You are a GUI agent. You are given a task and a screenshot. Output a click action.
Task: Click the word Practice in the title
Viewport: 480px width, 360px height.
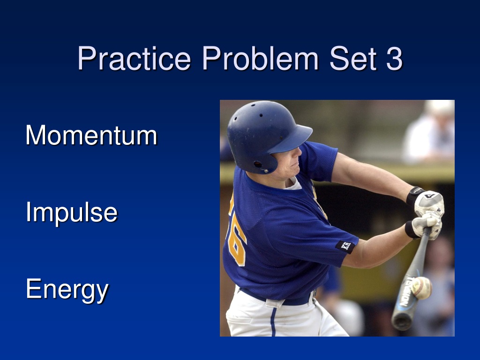coord(134,58)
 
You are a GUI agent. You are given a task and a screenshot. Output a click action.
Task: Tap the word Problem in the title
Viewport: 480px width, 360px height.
coord(260,58)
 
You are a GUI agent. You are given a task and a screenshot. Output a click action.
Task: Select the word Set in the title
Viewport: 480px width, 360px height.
coord(352,58)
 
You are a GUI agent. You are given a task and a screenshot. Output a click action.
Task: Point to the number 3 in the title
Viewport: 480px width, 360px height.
coord(394,58)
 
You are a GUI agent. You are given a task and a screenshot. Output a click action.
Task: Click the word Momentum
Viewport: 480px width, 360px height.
coord(91,135)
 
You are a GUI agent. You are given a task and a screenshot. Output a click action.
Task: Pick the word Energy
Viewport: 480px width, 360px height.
coord(67,290)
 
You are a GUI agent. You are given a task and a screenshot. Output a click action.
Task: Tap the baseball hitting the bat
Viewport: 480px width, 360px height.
coord(421,288)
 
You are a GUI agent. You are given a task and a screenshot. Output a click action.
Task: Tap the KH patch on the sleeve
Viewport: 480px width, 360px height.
coord(345,246)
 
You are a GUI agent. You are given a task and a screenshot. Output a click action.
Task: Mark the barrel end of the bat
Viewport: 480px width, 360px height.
coord(402,320)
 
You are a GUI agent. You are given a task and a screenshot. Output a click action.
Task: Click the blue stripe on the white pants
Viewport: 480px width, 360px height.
coord(273,322)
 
